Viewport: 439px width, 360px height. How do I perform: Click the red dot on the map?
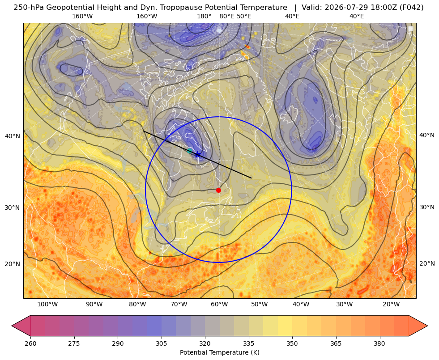tap(218, 190)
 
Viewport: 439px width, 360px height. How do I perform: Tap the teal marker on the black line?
tap(190, 151)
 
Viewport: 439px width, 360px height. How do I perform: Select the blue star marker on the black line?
tap(198, 154)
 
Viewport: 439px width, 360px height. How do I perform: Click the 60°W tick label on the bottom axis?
tap(219, 305)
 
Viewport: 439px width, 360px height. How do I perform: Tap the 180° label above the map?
tap(204, 16)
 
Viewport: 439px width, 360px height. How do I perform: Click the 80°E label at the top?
tap(227, 16)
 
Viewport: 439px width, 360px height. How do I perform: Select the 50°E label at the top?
tap(244, 16)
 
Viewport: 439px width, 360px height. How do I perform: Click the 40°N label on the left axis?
tap(13, 136)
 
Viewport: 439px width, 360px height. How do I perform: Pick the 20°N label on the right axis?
tap(427, 263)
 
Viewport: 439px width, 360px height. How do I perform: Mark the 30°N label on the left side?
tap(13, 208)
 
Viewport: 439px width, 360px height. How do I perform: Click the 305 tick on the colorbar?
tap(162, 343)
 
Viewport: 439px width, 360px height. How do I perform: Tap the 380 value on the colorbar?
tap(379, 343)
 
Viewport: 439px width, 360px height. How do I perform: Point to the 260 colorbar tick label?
tap(30, 343)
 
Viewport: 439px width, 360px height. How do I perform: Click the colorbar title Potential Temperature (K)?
tap(219, 352)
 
